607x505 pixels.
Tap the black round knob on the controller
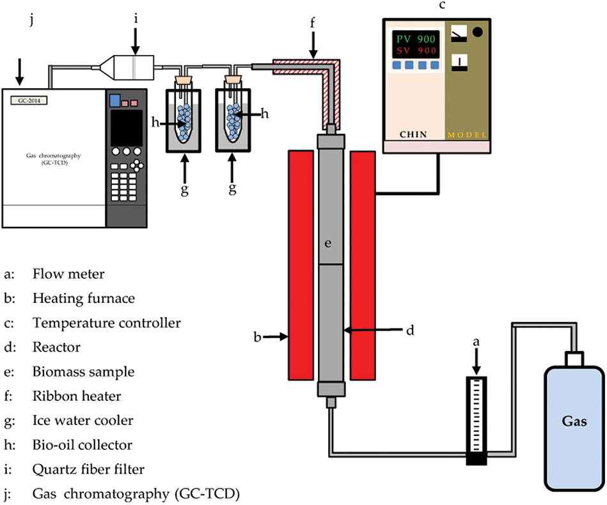point(478,30)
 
